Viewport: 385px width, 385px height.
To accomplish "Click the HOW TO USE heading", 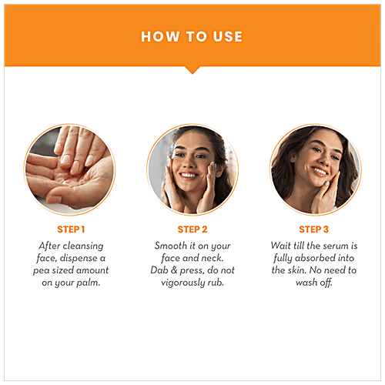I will point(192,36).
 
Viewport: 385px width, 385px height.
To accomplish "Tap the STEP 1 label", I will point(72,229).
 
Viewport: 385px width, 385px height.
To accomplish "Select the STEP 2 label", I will point(192,229).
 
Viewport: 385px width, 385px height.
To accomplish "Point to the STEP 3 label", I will point(313,229).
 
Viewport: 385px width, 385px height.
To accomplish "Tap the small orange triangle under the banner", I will point(192,70).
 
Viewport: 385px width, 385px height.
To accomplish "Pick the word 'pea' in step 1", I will point(48,270).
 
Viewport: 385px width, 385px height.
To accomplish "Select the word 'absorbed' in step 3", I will point(315,257).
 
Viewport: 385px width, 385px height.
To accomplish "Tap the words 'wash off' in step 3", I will point(314,283).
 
